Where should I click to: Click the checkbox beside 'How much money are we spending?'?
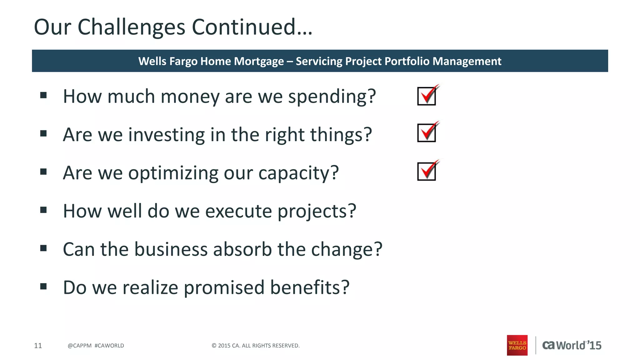pyautogui.click(x=427, y=96)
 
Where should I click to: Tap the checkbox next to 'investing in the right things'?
pyautogui.click(x=427, y=133)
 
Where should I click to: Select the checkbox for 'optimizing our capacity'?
pyautogui.click(x=427, y=171)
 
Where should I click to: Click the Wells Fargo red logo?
pyautogui.click(x=517, y=345)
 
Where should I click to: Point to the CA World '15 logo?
pyautogui.click(x=572, y=345)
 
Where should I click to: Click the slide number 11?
pyautogui.click(x=38, y=346)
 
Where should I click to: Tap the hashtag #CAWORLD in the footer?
pyautogui.click(x=109, y=346)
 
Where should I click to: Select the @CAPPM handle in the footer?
pyautogui.click(x=79, y=346)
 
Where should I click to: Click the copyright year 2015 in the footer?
pyautogui.click(x=224, y=346)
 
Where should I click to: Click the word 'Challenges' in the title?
pyautogui.click(x=131, y=27)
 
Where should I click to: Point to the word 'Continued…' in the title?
pyautogui.click(x=252, y=27)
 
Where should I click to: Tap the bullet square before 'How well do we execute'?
pyautogui.click(x=43, y=210)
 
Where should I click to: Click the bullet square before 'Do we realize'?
pyautogui.click(x=43, y=286)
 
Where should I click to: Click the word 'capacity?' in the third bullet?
pyautogui.click(x=298, y=173)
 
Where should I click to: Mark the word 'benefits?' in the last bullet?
pyautogui.click(x=309, y=287)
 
